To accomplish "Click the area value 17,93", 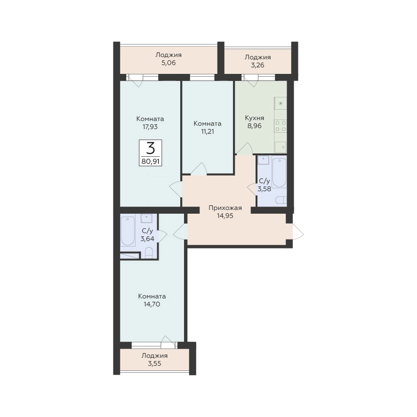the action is click(150, 127).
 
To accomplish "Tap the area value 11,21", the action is click(208, 131).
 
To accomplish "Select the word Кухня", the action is click(255, 118).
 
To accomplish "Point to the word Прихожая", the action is click(225, 208).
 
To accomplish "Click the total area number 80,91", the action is click(151, 161).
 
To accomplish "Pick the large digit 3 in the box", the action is click(151, 148).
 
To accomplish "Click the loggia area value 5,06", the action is click(168, 63).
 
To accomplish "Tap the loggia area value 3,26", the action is click(257, 65).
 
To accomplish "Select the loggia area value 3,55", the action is click(154, 363).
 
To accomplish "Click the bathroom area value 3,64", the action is click(147, 239).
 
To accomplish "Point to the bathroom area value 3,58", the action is click(264, 189).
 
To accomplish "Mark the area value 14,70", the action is click(152, 304).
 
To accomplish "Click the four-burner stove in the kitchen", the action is click(281, 126).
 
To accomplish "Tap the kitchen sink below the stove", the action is click(281, 147).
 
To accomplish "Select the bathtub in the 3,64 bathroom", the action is click(128, 231).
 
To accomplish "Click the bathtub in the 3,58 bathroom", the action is click(279, 173).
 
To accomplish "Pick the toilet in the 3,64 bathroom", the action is click(149, 252).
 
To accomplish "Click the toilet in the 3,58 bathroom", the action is click(281, 200).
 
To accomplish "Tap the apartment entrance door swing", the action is click(298, 232).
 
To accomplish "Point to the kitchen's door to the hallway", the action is click(245, 148).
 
